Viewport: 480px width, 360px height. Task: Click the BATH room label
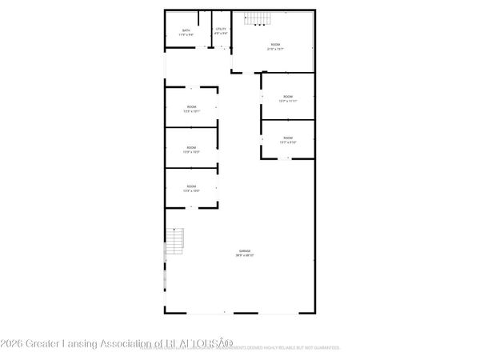click(x=186, y=30)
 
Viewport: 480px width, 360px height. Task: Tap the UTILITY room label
click(x=221, y=30)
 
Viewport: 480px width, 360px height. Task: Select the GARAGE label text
click(x=242, y=251)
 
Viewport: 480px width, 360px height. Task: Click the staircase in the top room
click(x=256, y=19)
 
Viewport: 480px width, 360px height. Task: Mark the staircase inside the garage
click(x=175, y=241)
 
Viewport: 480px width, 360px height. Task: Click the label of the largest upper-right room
click(x=275, y=44)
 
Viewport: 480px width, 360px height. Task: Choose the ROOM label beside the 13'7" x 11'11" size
click(x=287, y=97)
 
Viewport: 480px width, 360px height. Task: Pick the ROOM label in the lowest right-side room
click(x=287, y=138)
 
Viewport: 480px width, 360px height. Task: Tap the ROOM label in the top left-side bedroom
click(x=192, y=106)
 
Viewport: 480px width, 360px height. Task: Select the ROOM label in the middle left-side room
click(x=192, y=147)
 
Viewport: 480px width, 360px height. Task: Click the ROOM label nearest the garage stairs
click(x=192, y=186)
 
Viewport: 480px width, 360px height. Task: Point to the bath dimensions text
click(x=186, y=35)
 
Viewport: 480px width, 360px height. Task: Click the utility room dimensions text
click(x=221, y=34)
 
